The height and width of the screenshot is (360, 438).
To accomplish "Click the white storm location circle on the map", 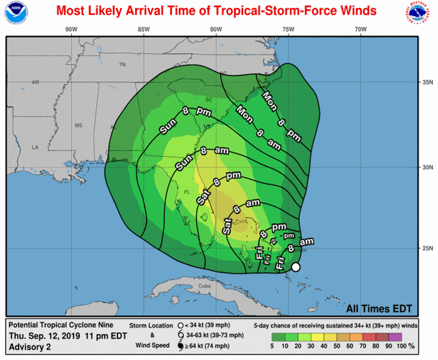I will [295, 267].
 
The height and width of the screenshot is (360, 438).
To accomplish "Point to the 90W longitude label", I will [70, 29].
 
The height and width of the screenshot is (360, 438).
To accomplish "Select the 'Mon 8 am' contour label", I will [258, 127].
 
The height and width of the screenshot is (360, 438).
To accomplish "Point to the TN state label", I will [122, 65].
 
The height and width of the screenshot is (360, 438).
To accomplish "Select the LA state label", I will [35, 149].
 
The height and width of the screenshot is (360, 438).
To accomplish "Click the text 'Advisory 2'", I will [29, 346].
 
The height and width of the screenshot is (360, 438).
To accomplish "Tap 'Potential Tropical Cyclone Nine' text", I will [60, 325].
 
